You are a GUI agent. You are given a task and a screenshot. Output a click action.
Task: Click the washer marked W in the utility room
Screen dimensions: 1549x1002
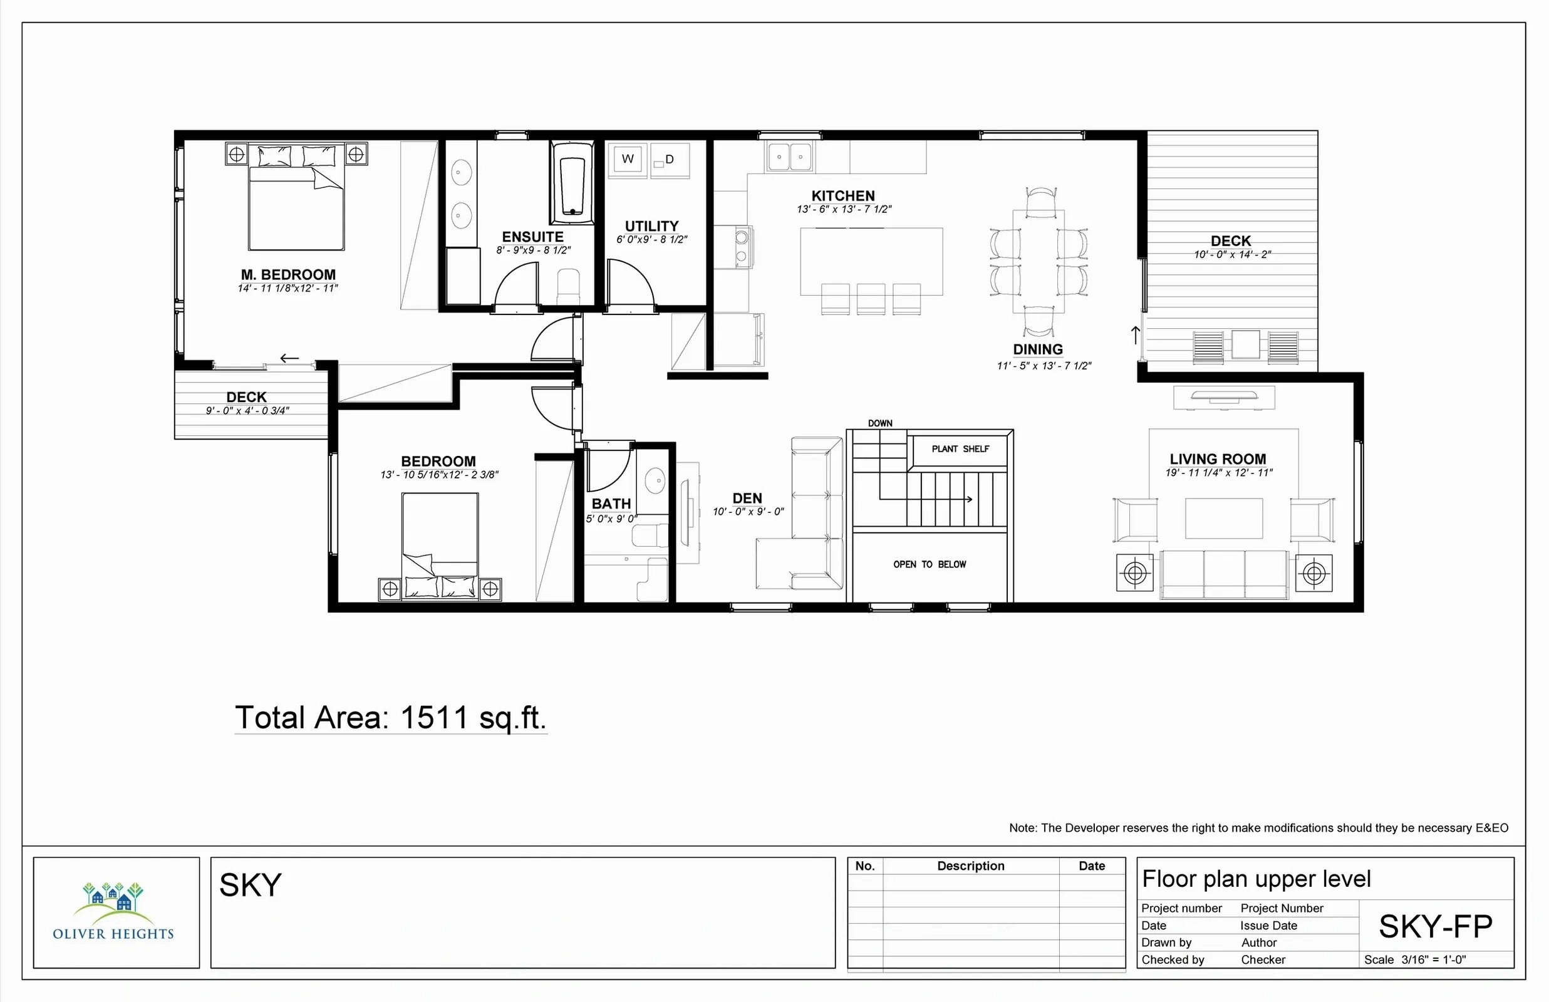coord(627,160)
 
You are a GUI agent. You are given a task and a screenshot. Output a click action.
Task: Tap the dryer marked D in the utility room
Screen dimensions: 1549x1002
coord(670,160)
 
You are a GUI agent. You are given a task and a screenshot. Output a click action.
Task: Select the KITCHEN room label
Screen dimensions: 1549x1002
coord(843,196)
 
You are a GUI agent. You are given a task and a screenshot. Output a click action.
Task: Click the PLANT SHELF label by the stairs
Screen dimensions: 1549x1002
coord(960,449)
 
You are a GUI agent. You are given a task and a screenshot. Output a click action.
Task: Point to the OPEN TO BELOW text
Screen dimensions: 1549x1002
coord(930,564)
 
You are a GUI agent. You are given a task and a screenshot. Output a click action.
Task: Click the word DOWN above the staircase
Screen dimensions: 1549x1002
coord(879,423)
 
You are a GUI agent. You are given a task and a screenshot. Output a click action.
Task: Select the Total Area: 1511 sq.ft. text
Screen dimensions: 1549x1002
coord(390,718)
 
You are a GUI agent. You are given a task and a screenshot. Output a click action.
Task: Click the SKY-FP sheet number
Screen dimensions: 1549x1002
coord(1436,926)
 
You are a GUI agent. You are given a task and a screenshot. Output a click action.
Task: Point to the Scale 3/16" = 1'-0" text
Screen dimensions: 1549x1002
coord(1415,959)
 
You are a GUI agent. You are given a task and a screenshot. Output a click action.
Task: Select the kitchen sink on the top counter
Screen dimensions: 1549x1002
coord(790,156)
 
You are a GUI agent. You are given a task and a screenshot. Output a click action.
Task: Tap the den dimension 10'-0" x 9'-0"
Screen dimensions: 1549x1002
coord(748,512)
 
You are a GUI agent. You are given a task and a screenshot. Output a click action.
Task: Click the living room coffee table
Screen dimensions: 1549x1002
coord(1224,519)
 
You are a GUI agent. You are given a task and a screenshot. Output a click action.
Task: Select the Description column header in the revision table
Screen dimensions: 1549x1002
coord(971,866)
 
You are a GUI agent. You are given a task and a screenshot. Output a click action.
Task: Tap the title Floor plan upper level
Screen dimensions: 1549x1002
coord(1256,879)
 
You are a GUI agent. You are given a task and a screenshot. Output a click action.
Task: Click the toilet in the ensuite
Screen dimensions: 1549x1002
coord(568,286)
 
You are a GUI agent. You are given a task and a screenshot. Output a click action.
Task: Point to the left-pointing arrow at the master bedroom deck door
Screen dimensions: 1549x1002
coord(289,358)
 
